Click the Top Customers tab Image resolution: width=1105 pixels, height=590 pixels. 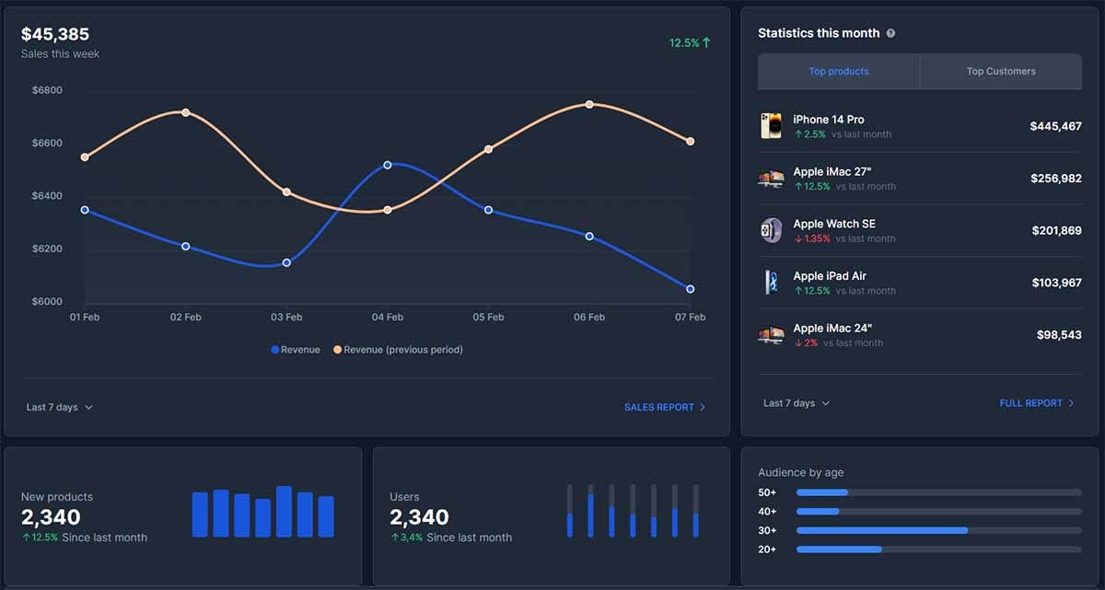(1001, 71)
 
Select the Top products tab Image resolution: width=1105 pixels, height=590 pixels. (838, 71)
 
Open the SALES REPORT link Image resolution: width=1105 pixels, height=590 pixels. (664, 407)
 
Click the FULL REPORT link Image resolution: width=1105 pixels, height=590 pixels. (1036, 403)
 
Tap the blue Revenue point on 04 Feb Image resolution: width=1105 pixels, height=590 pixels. (388, 165)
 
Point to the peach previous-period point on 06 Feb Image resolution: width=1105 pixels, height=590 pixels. (589, 104)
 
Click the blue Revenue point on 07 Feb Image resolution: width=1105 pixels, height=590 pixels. (691, 289)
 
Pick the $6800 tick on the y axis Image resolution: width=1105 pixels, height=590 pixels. (47, 90)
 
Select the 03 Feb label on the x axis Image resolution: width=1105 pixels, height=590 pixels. (286, 317)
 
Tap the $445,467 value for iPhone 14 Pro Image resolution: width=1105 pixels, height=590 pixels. (1055, 126)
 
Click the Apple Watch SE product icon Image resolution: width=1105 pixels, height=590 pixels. (771, 230)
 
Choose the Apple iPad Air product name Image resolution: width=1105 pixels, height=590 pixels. (830, 276)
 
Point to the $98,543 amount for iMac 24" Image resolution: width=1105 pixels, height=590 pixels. (1059, 335)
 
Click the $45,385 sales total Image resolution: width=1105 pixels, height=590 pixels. (55, 34)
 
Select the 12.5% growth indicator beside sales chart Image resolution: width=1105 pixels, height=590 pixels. (690, 42)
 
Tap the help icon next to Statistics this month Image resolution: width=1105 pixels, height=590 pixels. (890, 33)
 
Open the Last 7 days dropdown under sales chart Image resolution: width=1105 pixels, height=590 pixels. (59, 407)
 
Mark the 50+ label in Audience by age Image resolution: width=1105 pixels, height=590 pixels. (767, 492)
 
